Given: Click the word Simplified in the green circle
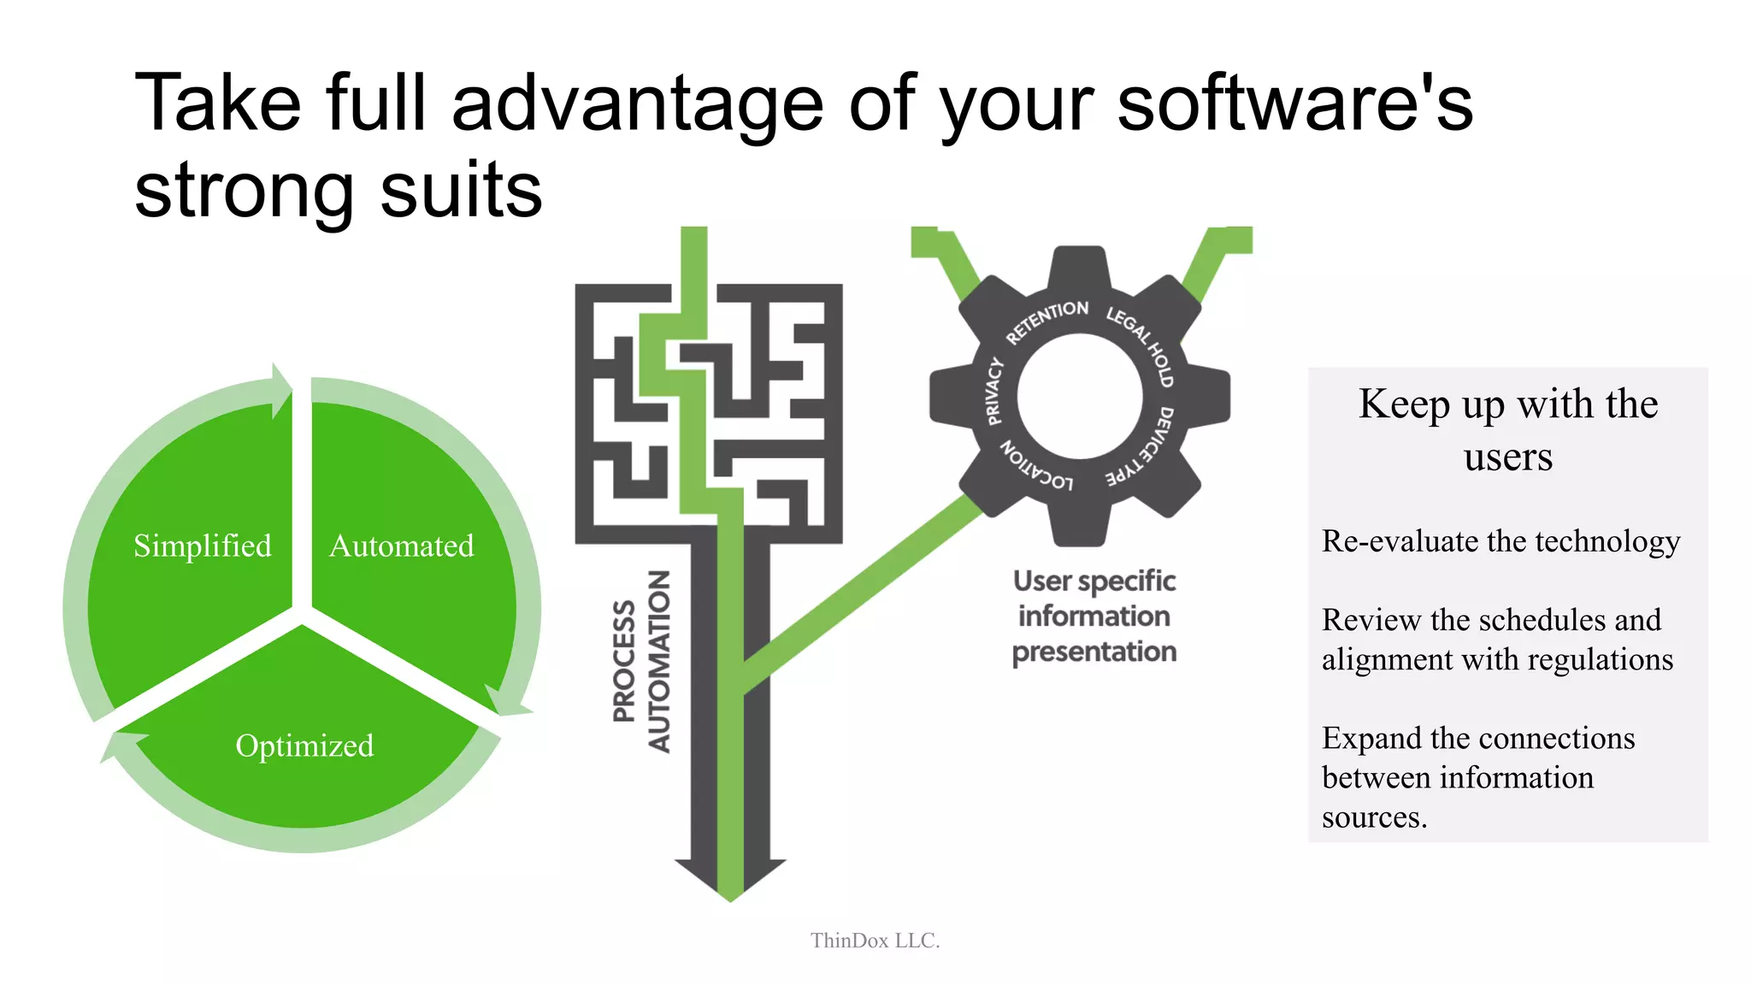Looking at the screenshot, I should point(203,546).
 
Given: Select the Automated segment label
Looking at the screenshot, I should point(401,546).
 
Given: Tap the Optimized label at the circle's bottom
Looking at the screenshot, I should point(304,746).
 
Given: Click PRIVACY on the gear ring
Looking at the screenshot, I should point(993,392).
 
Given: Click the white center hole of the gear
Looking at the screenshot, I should point(1079,396).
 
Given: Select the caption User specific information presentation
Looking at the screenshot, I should point(1094,616).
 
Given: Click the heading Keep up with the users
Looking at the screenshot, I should point(1507,429).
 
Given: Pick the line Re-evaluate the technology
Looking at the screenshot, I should point(1500,541).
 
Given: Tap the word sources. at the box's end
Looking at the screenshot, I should point(1374,817).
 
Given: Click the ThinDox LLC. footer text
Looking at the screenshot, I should point(875,941).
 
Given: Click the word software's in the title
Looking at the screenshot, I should point(1294,103).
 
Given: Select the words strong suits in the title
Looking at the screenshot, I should point(339,190).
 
